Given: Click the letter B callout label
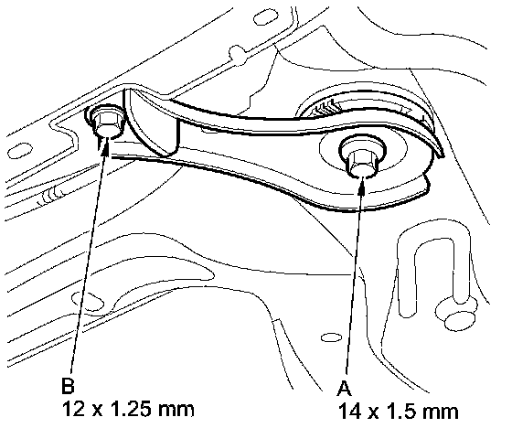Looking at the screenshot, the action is (68, 386).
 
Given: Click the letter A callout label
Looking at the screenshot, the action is (344, 389).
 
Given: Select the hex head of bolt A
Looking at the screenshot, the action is (362, 161).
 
